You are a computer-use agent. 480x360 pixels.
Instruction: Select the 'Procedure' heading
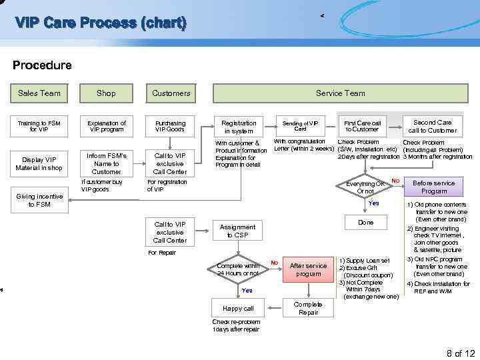pyautogui.click(x=42, y=65)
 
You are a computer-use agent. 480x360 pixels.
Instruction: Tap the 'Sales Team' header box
pyautogui.click(x=39, y=93)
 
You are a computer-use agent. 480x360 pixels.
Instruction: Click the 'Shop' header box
pyautogui.click(x=106, y=93)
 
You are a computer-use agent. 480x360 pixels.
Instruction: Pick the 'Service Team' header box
pyautogui.click(x=340, y=93)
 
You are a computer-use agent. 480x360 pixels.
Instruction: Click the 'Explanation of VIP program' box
pyautogui.click(x=106, y=127)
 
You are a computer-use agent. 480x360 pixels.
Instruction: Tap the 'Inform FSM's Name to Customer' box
pyautogui.click(x=106, y=163)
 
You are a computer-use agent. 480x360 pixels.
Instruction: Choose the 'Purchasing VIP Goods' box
pyautogui.click(x=171, y=127)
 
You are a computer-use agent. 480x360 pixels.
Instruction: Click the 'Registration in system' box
pyautogui.click(x=239, y=127)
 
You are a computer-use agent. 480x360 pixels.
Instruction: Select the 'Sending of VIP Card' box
pyautogui.click(x=300, y=125)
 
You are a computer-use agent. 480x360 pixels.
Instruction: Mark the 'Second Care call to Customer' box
pyautogui.click(x=432, y=126)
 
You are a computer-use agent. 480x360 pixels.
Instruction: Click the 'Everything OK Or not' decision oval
pyautogui.click(x=365, y=188)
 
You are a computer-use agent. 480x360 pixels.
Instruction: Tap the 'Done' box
pyautogui.click(x=365, y=222)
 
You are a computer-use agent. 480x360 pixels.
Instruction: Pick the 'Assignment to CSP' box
pyautogui.click(x=239, y=231)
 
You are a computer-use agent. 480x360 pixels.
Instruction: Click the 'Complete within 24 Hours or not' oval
pyautogui.click(x=239, y=269)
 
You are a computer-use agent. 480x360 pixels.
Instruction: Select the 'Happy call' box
pyautogui.click(x=239, y=308)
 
